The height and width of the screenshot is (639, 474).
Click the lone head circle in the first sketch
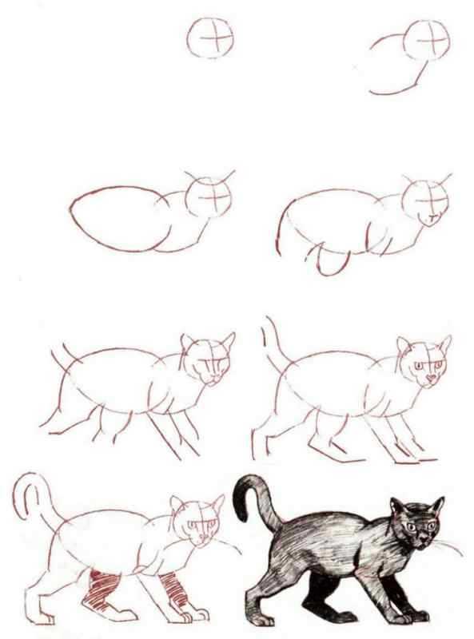pos(212,39)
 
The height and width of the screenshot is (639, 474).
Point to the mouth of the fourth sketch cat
pos(432,217)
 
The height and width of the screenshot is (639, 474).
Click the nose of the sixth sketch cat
pos(432,377)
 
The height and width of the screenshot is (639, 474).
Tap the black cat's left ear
pos(397,506)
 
